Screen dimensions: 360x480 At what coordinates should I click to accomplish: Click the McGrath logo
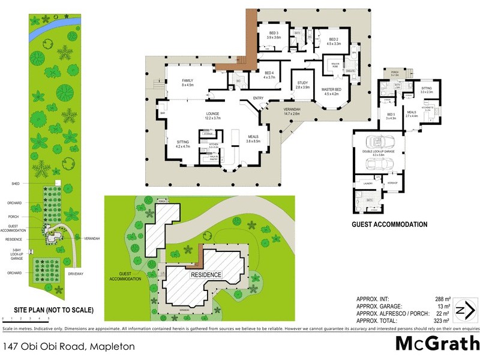click(x=436, y=343)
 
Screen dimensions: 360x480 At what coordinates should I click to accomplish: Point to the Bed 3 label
click(x=274, y=35)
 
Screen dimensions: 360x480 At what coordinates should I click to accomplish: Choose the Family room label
click(x=193, y=83)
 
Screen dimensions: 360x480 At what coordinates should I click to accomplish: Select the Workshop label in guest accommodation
click(x=393, y=182)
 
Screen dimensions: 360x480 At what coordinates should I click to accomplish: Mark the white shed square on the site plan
click(x=58, y=182)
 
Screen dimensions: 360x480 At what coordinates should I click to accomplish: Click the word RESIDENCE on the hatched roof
click(x=206, y=275)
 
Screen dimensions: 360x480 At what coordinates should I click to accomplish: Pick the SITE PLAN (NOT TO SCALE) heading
click(x=47, y=310)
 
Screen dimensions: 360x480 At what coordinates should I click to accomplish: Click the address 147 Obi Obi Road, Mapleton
click(x=68, y=346)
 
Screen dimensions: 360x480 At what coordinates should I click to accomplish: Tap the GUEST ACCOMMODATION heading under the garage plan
click(x=389, y=224)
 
